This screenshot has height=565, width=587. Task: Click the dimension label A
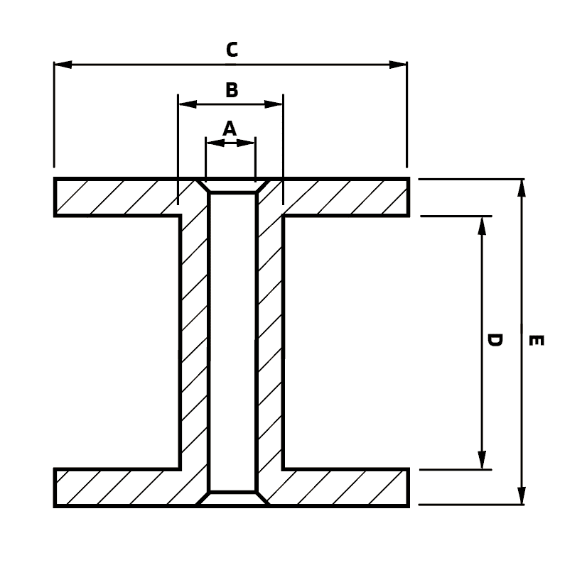[229, 128]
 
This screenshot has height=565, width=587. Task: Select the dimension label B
[231, 90]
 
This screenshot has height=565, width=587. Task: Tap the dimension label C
[231, 50]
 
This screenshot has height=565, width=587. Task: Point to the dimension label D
[495, 340]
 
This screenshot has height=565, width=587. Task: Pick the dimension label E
[537, 341]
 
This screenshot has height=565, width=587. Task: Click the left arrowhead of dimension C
[63, 65]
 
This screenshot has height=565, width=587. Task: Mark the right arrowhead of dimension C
[398, 65]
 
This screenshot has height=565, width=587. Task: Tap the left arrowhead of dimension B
[187, 104]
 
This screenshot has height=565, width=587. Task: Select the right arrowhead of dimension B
[274, 104]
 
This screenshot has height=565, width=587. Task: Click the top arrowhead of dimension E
[522, 187]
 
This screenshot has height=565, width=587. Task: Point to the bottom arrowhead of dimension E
[522, 496]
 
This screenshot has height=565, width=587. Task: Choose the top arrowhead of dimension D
[482, 225]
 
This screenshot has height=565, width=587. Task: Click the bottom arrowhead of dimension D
[482, 460]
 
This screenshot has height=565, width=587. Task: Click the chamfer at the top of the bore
[232, 186]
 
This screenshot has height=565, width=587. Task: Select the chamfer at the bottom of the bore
[232, 498]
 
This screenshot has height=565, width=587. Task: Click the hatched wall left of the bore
[193, 341]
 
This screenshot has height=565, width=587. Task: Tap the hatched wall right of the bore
[270, 341]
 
